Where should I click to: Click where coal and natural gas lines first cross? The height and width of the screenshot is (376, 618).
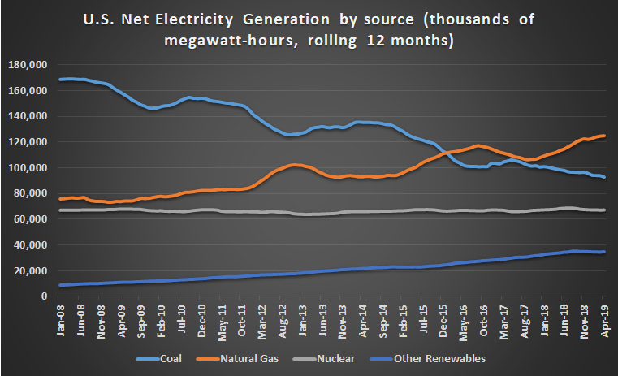click(446, 152)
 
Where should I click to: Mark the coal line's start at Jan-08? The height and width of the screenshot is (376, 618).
click(61, 80)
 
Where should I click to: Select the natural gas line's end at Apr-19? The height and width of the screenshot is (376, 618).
click(604, 136)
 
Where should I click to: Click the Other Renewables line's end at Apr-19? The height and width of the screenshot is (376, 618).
click(604, 252)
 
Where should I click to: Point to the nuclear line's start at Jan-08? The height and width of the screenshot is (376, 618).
click(61, 210)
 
